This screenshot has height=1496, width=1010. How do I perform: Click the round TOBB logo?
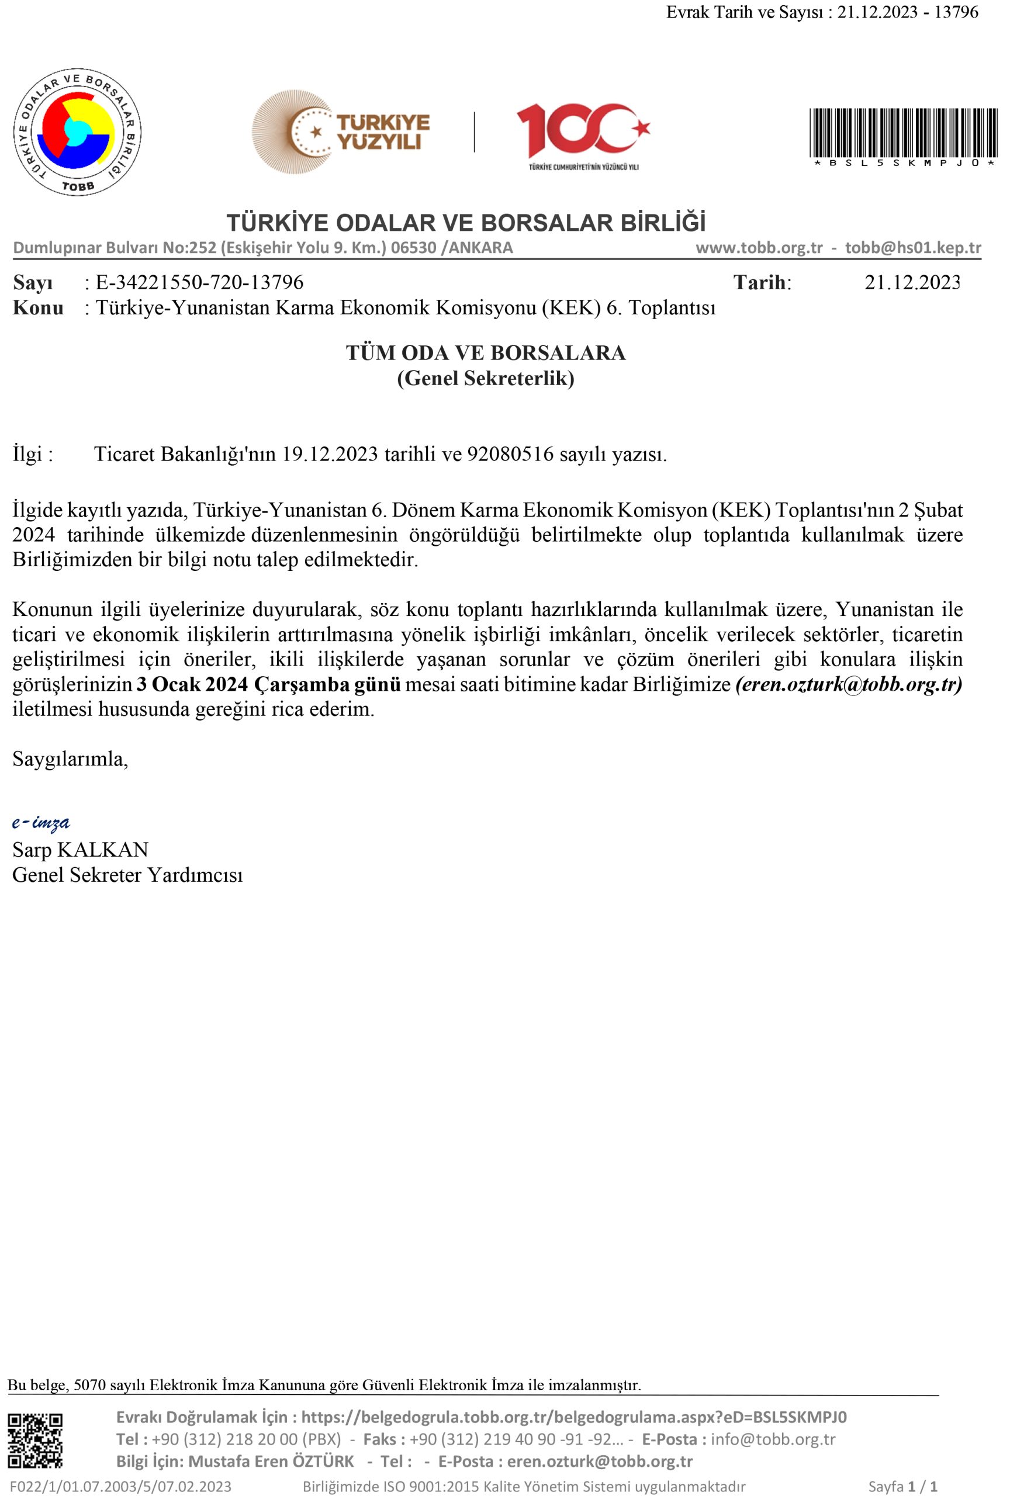click(x=77, y=132)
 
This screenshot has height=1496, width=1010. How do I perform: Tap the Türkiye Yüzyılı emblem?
click(x=341, y=132)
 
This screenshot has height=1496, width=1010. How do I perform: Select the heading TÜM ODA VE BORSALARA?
click(x=485, y=353)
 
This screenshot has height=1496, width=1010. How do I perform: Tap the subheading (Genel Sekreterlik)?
click(x=485, y=378)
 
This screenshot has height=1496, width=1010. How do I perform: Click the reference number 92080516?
click(x=510, y=455)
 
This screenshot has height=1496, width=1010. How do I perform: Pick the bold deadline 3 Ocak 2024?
click(x=192, y=684)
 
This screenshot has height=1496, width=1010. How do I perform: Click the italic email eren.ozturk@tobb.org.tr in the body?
click(x=849, y=684)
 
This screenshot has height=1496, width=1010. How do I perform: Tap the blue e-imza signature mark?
click(x=41, y=823)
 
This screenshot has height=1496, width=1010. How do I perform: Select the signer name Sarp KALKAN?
click(x=81, y=850)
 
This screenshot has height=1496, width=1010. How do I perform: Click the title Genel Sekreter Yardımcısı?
click(x=127, y=875)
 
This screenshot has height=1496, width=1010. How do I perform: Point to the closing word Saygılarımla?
click(x=70, y=760)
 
